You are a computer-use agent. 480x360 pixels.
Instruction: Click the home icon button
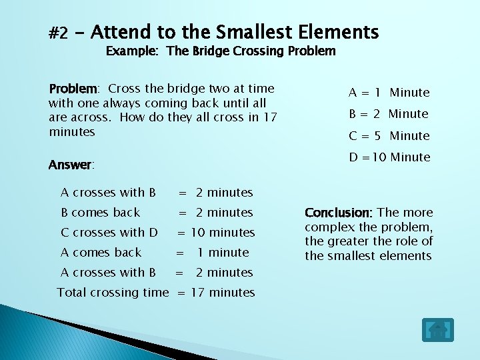click(x=437, y=330)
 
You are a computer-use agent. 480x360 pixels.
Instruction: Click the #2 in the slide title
click(x=59, y=33)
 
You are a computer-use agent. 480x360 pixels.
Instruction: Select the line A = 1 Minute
click(x=389, y=93)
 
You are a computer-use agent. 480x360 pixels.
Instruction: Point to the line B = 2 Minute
click(x=389, y=114)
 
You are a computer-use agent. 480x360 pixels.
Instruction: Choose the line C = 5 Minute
click(x=389, y=136)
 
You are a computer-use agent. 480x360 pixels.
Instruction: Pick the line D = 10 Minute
click(x=389, y=157)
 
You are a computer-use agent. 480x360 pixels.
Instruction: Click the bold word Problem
click(x=73, y=89)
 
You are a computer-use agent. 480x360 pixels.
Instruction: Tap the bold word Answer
click(x=71, y=165)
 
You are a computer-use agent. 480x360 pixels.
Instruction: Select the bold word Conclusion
click(x=339, y=213)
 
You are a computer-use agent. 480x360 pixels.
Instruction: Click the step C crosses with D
click(x=109, y=233)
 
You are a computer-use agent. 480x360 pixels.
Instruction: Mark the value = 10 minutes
click(x=215, y=233)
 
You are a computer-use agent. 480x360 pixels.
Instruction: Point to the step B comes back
click(x=101, y=213)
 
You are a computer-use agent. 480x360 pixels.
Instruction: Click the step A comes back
click(x=101, y=253)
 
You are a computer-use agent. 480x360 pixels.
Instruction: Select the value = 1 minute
click(x=212, y=253)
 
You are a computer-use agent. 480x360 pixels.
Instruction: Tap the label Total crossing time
click(x=113, y=293)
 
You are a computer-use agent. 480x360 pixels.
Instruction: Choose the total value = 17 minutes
click(x=215, y=293)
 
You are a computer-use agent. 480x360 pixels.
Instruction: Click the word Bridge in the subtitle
click(x=217, y=51)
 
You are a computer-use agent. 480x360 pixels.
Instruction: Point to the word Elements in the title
click(x=339, y=31)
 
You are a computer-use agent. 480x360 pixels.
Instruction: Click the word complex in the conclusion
click(x=330, y=227)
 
